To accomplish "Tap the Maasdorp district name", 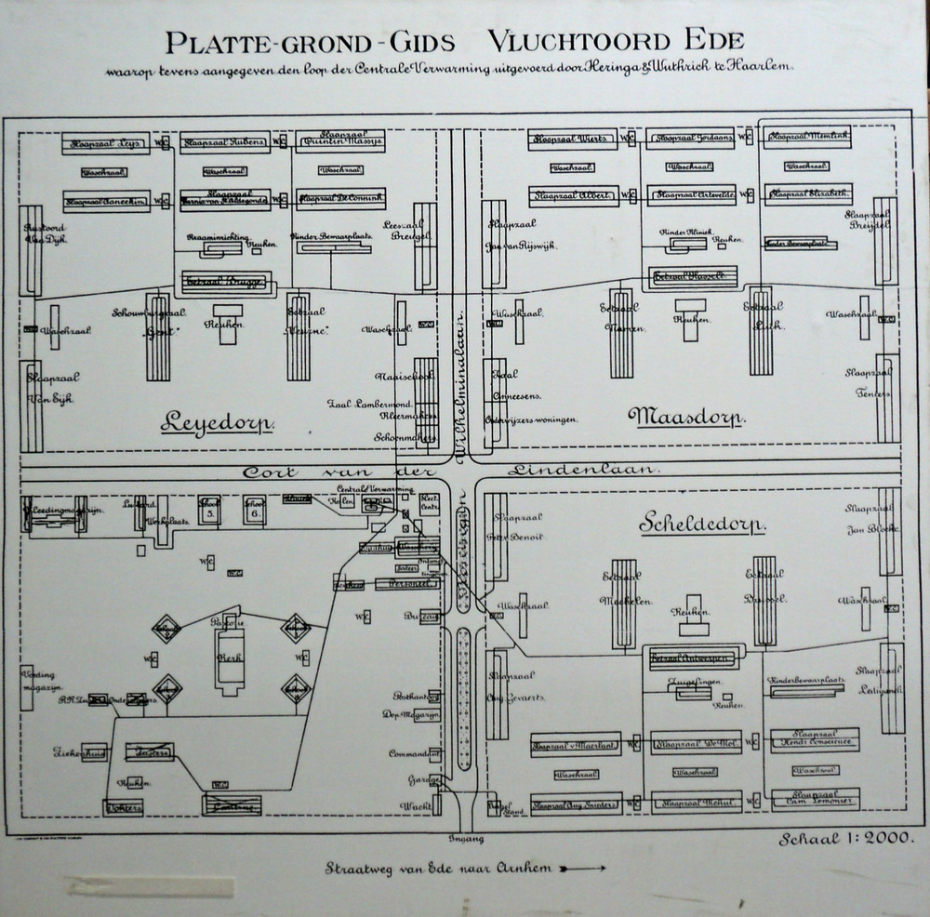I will [x=686, y=416].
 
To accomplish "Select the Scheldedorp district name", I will [x=702, y=525].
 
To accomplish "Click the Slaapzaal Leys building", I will [x=105, y=143].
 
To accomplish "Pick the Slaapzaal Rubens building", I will [x=224, y=142].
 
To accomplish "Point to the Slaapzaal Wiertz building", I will [x=572, y=140].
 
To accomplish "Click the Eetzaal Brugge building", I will [x=226, y=280].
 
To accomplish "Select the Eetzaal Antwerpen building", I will [x=691, y=659].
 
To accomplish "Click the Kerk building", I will [x=229, y=657].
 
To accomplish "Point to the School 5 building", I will [x=210, y=509].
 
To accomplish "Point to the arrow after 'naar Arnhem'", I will [x=584, y=868].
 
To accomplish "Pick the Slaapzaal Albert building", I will [x=572, y=196].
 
